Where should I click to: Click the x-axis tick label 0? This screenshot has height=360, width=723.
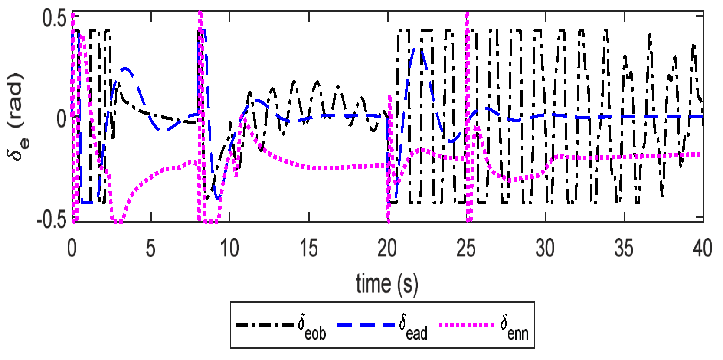(72, 249)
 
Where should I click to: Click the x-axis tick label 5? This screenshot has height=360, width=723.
(150, 249)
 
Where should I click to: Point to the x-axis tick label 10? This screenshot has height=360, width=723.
(229, 249)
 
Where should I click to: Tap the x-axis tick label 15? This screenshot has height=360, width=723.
(308, 249)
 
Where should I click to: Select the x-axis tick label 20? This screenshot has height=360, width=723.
(387, 249)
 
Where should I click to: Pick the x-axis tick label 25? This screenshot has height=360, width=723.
(466, 249)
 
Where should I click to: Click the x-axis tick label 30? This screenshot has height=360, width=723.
(545, 249)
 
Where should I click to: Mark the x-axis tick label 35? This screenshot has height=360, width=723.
(624, 249)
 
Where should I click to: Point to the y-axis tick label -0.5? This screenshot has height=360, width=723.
(51, 220)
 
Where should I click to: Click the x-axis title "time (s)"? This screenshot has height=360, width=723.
(387, 284)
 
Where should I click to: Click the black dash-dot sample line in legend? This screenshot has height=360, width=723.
(265, 325)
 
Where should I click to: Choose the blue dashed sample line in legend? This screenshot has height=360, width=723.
(366, 325)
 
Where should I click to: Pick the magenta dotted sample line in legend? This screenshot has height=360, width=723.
(466, 325)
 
